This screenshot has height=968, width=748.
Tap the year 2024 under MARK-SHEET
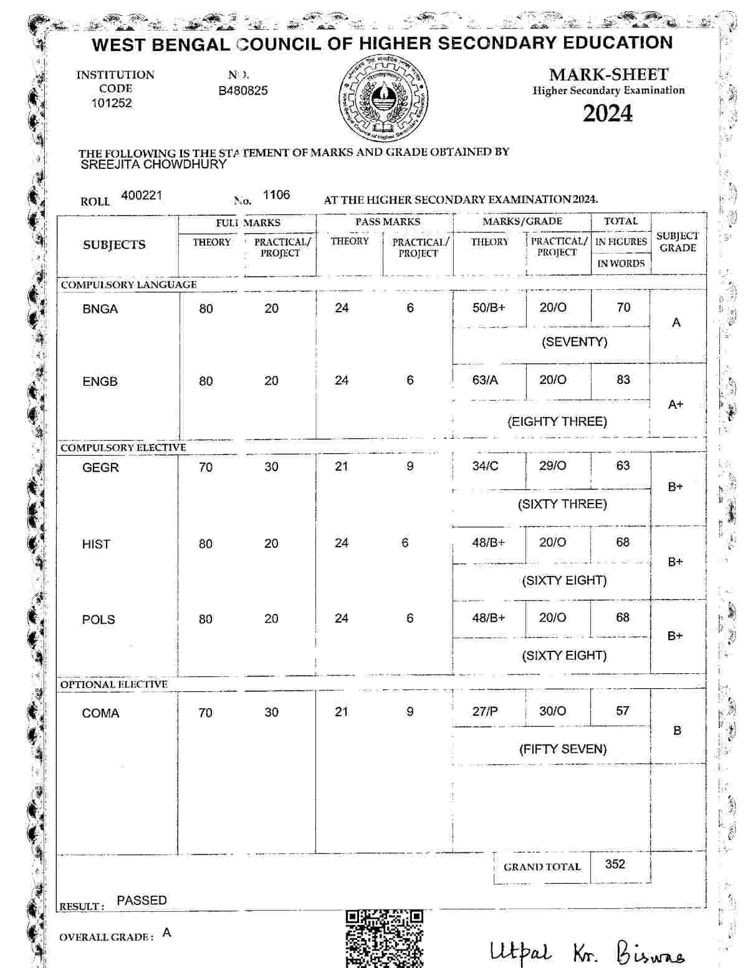(x=607, y=113)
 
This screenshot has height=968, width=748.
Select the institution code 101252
(x=112, y=103)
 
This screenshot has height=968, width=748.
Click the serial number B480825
(x=243, y=91)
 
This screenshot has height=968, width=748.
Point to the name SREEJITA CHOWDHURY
(x=153, y=165)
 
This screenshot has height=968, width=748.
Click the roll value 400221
(x=141, y=196)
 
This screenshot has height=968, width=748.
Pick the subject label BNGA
(x=100, y=309)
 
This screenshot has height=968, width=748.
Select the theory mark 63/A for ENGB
(x=485, y=380)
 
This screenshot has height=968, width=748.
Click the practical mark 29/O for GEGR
(x=552, y=466)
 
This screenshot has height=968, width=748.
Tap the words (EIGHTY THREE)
(x=557, y=422)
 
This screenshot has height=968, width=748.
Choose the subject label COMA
(x=100, y=713)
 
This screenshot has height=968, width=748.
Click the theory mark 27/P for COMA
(x=485, y=711)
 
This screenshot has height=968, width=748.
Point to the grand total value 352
(x=615, y=864)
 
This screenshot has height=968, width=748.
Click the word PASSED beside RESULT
(x=141, y=901)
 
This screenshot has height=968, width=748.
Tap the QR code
(x=384, y=938)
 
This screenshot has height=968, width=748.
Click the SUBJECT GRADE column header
(x=678, y=242)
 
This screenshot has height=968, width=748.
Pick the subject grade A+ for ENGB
(x=676, y=405)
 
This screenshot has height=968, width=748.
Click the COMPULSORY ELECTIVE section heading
(x=123, y=448)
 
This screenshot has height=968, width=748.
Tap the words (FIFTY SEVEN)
(x=562, y=749)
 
